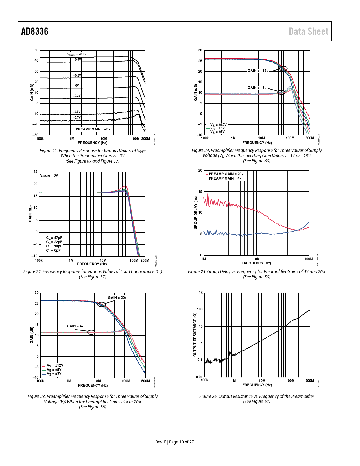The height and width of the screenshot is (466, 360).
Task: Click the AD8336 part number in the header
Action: point(35,31)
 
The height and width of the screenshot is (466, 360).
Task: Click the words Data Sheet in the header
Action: point(308,31)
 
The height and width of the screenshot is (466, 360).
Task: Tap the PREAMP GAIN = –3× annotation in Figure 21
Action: point(93,129)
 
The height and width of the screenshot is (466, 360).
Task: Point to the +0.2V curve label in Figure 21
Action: point(77,76)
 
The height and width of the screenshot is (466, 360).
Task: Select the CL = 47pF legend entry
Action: point(53,238)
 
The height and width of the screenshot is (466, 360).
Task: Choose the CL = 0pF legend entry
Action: point(52,251)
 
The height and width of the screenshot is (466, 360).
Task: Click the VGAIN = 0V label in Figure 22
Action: point(49,175)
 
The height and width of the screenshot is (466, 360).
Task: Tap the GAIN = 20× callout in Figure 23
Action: point(117,297)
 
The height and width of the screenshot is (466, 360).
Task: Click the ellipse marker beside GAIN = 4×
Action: point(91,332)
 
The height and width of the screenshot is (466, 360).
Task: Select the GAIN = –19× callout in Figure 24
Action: point(258,71)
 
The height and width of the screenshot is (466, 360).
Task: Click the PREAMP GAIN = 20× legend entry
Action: point(225,174)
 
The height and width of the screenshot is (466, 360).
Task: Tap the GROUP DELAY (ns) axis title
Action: point(195,213)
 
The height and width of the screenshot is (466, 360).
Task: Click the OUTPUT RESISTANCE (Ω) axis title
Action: point(195,334)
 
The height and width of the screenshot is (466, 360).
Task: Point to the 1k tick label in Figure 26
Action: point(200,293)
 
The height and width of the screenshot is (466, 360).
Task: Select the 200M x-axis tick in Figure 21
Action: point(145,139)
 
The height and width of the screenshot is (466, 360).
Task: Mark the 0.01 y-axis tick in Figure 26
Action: point(199,377)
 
